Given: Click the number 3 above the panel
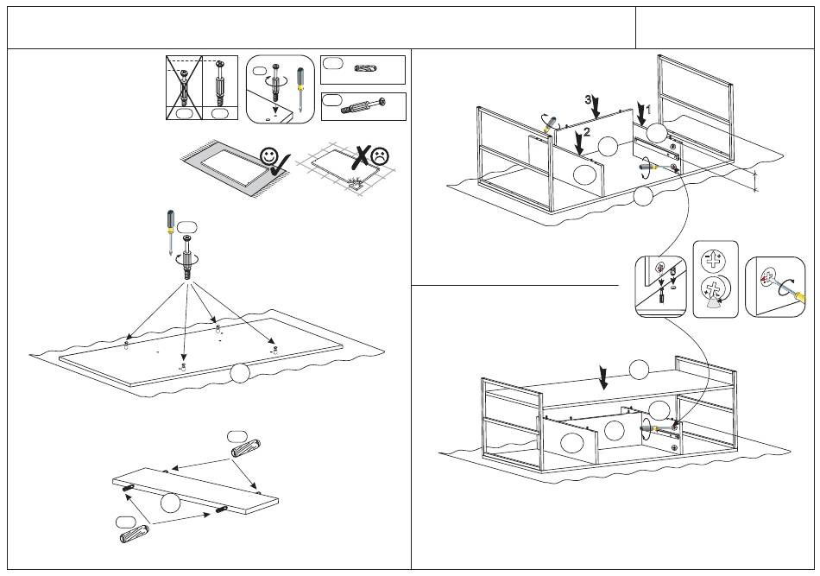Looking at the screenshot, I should [588, 100].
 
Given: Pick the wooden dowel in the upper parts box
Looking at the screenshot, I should [367, 67].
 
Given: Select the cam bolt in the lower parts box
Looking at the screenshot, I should [363, 107].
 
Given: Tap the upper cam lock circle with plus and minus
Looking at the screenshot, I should [714, 260].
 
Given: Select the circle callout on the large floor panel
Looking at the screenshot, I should [241, 373].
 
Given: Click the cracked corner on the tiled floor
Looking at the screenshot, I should [354, 183].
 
